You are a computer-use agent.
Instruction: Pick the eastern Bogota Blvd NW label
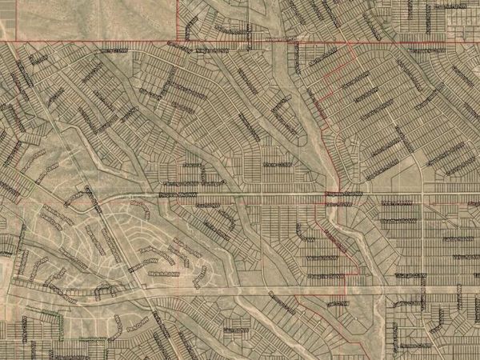tap(342, 193)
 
